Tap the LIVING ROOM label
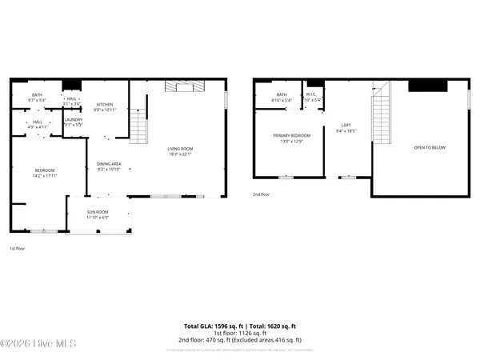click(x=180, y=149)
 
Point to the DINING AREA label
click(x=108, y=164)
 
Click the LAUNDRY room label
click(x=74, y=120)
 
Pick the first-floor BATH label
click(x=38, y=95)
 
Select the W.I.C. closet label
click(x=312, y=95)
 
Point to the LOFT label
click(x=346, y=125)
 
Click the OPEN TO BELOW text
click(x=428, y=148)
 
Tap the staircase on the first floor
click(x=138, y=126)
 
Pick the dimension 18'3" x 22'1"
click(x=180, y=154)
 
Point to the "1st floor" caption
click(x=18, y=249)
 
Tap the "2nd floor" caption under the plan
click(x=262, y=194)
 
